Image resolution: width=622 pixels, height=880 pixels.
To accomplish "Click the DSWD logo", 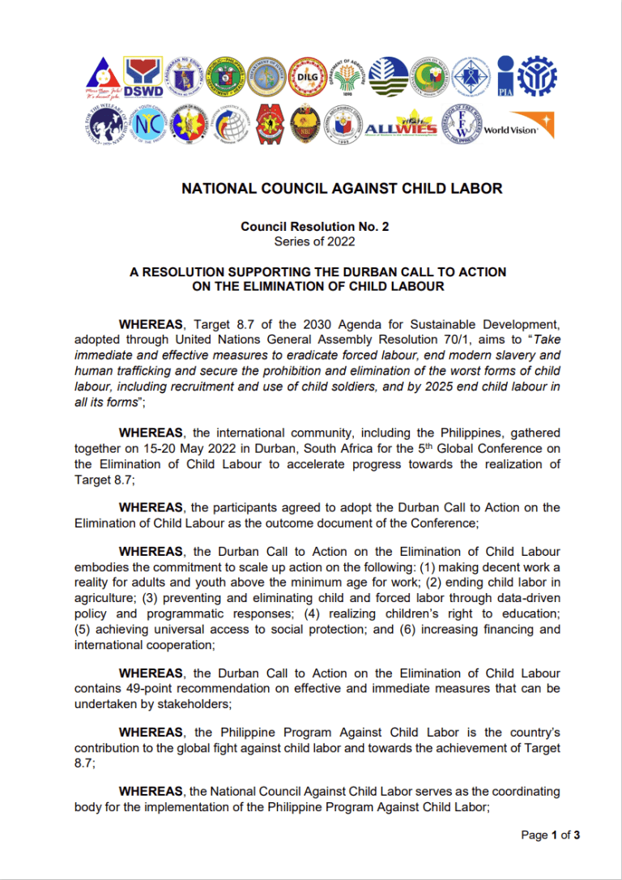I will [143, 76].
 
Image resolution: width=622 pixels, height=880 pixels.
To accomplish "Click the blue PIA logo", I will [505, 76].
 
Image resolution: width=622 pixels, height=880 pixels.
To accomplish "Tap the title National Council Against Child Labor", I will [342, 189].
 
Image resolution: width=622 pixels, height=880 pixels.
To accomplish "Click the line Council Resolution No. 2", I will [314, 228].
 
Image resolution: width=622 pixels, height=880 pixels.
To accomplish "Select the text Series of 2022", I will [314, 241].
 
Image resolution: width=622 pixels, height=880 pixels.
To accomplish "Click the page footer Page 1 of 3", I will [551, 835].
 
